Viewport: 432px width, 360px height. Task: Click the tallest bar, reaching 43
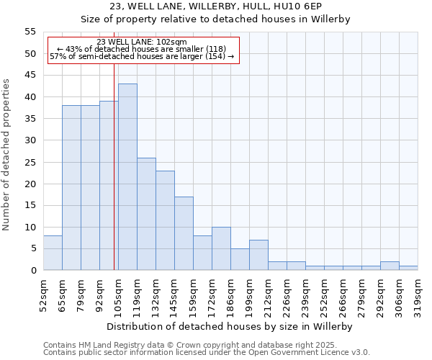point(127,177)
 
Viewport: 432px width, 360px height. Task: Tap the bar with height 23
point(165,220)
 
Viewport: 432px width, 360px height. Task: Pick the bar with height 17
point(184,233)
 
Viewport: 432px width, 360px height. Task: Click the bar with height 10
point(221,248)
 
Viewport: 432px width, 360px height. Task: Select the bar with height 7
point(258,255)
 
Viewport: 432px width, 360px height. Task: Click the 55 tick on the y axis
point(30,32)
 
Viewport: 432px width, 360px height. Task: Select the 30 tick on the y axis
point(30,140)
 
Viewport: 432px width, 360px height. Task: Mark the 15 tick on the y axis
point(30,205)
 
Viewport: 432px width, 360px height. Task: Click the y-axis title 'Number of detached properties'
point(6,154)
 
